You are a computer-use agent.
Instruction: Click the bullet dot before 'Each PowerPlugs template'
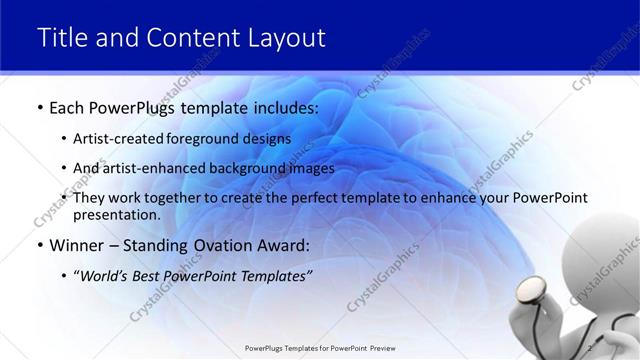(39, 106)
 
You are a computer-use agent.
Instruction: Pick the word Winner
(77, 245)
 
